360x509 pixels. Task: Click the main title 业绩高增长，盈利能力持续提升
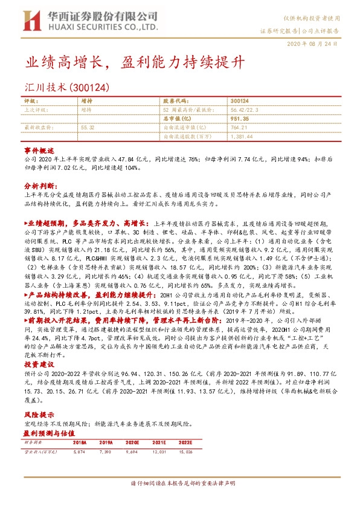click(127, 63)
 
